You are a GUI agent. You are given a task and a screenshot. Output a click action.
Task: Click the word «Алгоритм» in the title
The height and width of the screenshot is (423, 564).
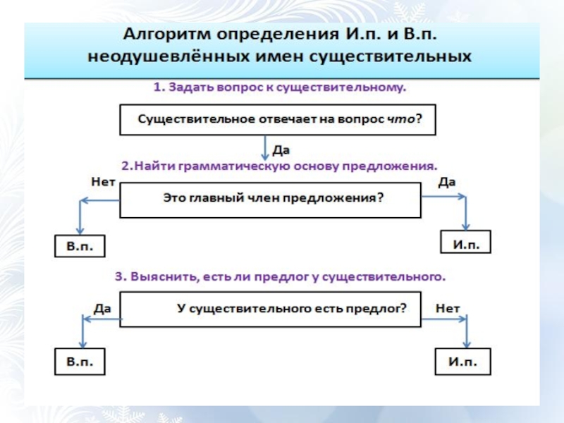pos(164,35)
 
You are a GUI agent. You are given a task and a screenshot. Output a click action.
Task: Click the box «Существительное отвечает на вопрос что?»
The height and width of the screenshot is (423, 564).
pos(278,119)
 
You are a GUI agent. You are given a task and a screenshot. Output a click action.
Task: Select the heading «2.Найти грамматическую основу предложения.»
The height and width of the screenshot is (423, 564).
pos(279,166)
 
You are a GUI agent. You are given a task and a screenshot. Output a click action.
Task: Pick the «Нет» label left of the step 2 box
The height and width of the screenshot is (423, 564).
pos(104,181)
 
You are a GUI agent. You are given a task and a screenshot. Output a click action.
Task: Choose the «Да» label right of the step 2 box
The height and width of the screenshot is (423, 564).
pos(447,182)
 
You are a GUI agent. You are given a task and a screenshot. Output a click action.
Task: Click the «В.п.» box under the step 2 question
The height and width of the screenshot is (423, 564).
pos(80,246)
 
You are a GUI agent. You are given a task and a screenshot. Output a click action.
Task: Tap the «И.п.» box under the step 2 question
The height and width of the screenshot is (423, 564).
pos(465,243)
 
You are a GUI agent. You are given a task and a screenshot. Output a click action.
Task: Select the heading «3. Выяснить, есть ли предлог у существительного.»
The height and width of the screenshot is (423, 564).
pos(280,277)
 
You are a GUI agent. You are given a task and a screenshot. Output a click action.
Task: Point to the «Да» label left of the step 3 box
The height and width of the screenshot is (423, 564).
pos(103,308)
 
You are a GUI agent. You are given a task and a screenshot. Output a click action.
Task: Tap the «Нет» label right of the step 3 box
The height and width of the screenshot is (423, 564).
pos(448,308)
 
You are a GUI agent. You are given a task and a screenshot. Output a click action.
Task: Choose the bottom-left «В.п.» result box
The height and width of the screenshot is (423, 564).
pos(80,362)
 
